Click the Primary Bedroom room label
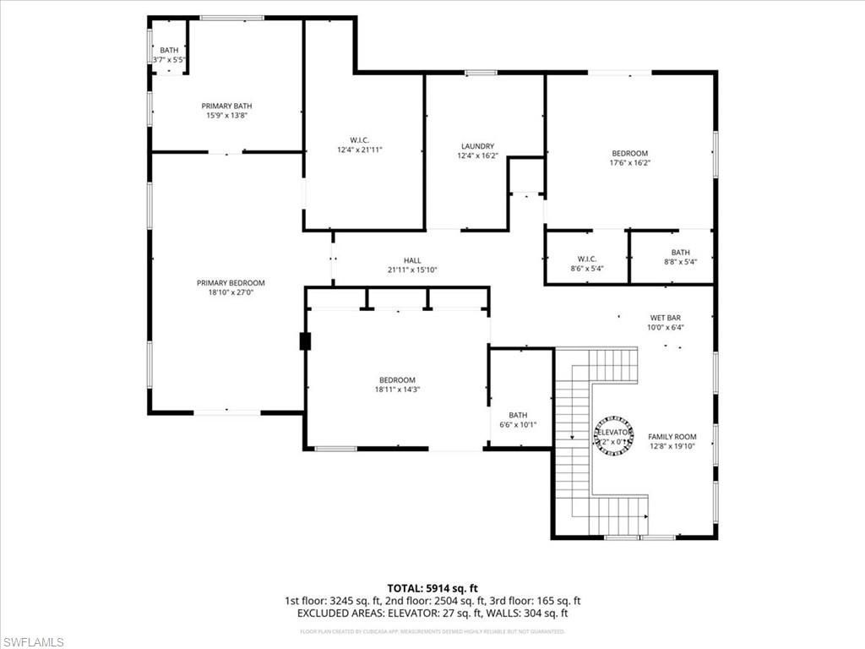click(x=231, y=283)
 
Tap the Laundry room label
click(x=477, y=146)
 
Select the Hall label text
click(x=412, y=260)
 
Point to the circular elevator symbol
click(x=615, y=434)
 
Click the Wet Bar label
click(x=666, y=318)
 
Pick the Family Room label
click(x=672, y=437)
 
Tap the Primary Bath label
click(x=226, y=106)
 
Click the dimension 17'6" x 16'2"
click(x=630, y=163)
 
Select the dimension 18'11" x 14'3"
click(x=396, y=390)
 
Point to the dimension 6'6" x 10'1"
click(x=518, y=424)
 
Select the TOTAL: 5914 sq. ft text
click(x=432, y=588)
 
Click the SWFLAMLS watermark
click(x=33, y=643)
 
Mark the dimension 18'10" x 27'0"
click(x=231, y=292)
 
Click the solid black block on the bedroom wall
click(x=305, y=341)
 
